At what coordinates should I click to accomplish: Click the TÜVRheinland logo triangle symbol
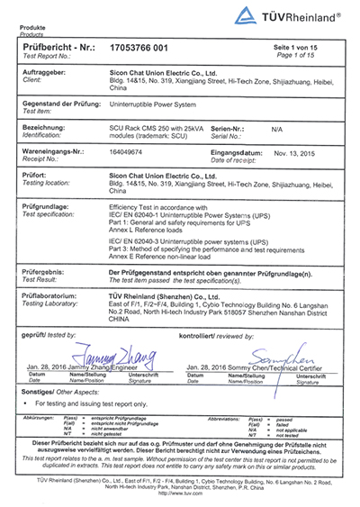pyautogui.click(x=244, y=15)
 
